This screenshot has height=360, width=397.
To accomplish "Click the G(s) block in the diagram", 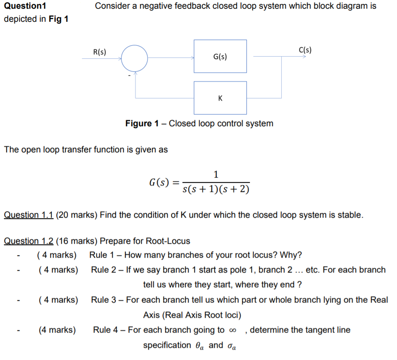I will coord(220,57).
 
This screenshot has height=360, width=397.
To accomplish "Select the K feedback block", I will coord(220,98).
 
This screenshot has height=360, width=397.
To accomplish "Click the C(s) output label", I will coord(305,50).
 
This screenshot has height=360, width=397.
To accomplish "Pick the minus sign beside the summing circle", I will coord(129,75).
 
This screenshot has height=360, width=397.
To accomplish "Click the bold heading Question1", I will coord(24,6).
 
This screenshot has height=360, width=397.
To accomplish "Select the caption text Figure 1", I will coord(142,123).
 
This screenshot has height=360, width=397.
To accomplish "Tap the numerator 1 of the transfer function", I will coord(216,175).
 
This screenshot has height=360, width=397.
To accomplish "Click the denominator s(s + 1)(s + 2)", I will coord(216,189).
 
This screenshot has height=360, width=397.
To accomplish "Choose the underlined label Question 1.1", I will coord(28,215).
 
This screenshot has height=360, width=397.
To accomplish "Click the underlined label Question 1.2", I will coord(28,241).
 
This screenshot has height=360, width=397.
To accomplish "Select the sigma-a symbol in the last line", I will coord(231,346).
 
